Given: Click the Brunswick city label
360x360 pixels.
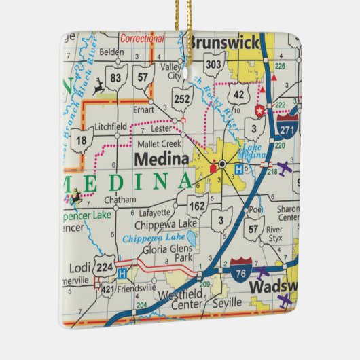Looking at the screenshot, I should (x=224, y=43).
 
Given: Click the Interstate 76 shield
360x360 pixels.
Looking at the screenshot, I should (x=241, y=267).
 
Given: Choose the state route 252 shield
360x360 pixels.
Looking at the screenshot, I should (x=181, y=98).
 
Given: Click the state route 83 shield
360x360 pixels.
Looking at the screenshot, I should (x=116, y=77).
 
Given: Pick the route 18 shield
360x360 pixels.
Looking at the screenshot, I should (x=82, y=140).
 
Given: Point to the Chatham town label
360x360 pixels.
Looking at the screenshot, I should (x=120, y=200).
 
